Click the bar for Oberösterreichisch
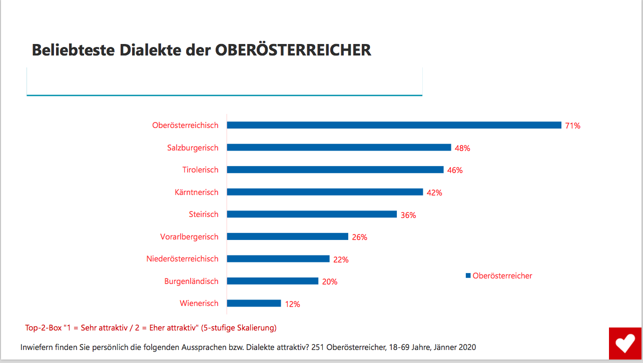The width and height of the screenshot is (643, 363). tap(394, 125)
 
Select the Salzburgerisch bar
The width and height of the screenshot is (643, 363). tap(339, 147)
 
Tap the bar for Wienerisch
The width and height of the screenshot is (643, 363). tap(254, 303)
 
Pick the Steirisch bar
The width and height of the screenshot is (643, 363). tap(311, 214)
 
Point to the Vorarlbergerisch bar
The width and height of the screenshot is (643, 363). tap(287, 236)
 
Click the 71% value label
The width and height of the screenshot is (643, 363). tap(572, 126)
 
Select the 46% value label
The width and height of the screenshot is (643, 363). tap(455, 170)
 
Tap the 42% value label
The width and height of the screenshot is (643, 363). tap(434, 192)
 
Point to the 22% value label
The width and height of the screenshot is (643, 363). tap(341, 259)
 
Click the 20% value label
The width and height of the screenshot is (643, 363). tap(330, 281)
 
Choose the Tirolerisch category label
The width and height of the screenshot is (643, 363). tap(200, 170)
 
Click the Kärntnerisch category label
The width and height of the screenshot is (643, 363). tap(197, 192)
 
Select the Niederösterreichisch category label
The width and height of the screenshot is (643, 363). tap(182, 259)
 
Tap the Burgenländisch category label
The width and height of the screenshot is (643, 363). tap(191, 281)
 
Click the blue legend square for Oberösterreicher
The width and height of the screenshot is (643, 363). tap(468, 275)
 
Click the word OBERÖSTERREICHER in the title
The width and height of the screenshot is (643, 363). tap(293, 50)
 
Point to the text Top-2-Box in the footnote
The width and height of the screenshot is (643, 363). tap(43, 328)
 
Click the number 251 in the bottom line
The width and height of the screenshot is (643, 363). tap(318, 347)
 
